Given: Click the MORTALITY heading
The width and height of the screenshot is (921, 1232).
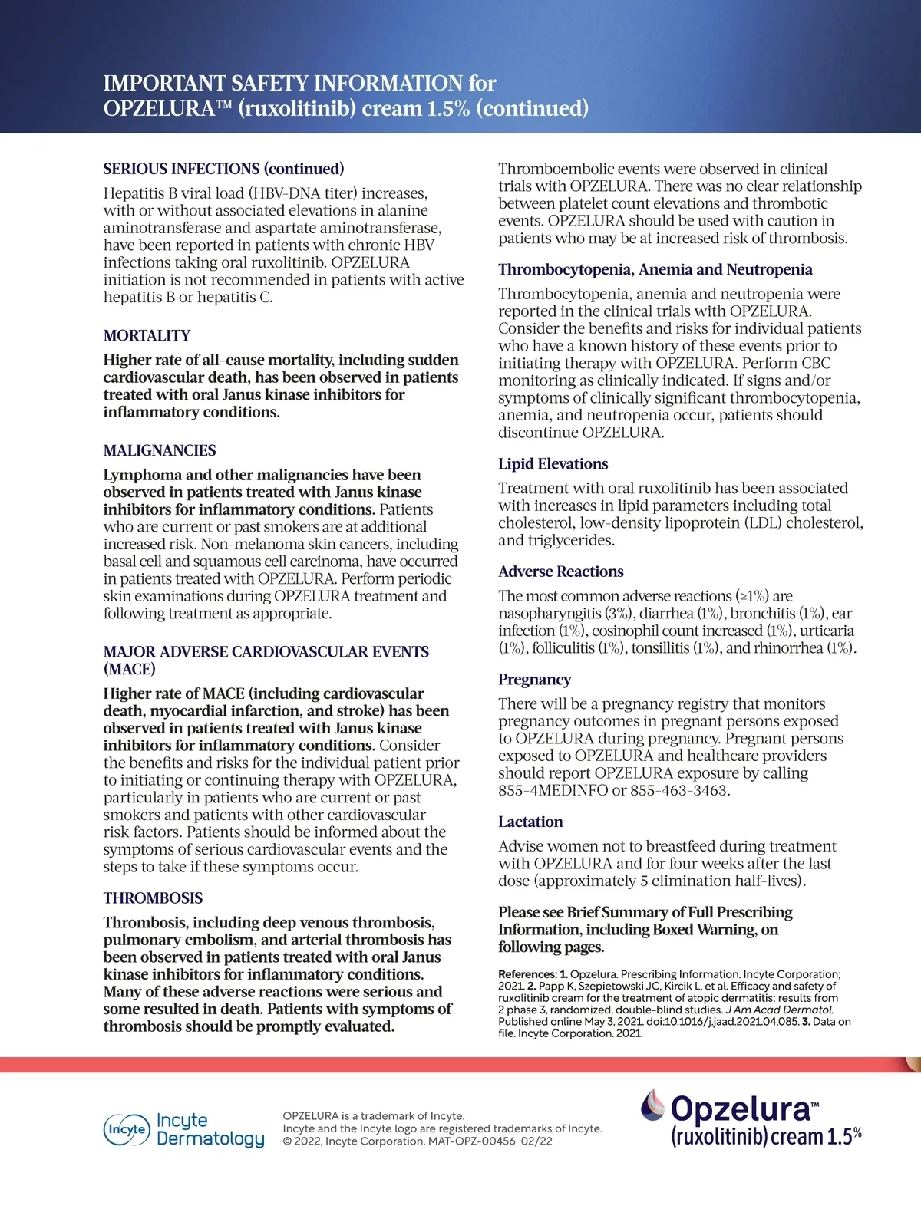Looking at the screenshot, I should click(x=147, y=335).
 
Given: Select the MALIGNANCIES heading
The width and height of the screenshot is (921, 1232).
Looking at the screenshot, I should click(x=160, y=450).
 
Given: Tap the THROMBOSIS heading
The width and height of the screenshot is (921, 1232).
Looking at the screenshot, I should click(x=153, y=898).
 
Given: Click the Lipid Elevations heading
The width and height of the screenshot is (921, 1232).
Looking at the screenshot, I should click(x=553, y=463).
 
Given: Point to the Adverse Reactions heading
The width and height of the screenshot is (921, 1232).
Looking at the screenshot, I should click(x=560, y=572).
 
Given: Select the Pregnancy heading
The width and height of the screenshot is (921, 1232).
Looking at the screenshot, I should click(x=534, y=680).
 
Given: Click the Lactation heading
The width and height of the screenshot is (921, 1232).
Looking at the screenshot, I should click(x=530, y=822).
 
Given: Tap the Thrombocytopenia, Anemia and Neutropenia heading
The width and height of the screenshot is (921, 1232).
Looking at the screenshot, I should click(x=655, y=269).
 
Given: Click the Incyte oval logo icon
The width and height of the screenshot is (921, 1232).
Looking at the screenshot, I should click(x=126, y=1129).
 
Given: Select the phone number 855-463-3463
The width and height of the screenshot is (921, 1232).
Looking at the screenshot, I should click(x=678, y=790).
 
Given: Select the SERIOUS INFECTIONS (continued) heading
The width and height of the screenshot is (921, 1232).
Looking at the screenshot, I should click(x=223, y=169).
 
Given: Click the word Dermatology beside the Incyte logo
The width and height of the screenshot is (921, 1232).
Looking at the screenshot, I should click(x=210, y=1138).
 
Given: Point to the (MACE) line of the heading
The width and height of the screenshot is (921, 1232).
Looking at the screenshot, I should click(x=130, y=669).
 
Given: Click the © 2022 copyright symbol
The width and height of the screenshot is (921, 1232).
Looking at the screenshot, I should click(x=287, y=1141).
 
